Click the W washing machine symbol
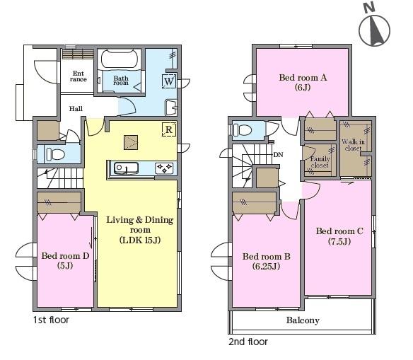click(x=169, y=81)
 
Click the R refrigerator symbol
click(x=169, y=129)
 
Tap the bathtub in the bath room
click(x=120, y=59)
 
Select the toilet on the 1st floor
click(x=55, y=154)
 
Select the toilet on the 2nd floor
click(x=243, y=130)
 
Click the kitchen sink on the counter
click(x=126, y=168)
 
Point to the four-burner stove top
click(x=164, y=168)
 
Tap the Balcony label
click(x=303, y=320)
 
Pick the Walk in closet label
click(x=353, y=145)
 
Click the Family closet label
click(x=320, y=162)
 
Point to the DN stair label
click(x=278, y=155)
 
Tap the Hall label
click(x=76, y=108)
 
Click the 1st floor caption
click(x=51, y=320)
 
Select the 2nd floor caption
click(x=248, y=342)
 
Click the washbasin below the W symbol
click(x=170, y=108)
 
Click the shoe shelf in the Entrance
click(x=78, y=54)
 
